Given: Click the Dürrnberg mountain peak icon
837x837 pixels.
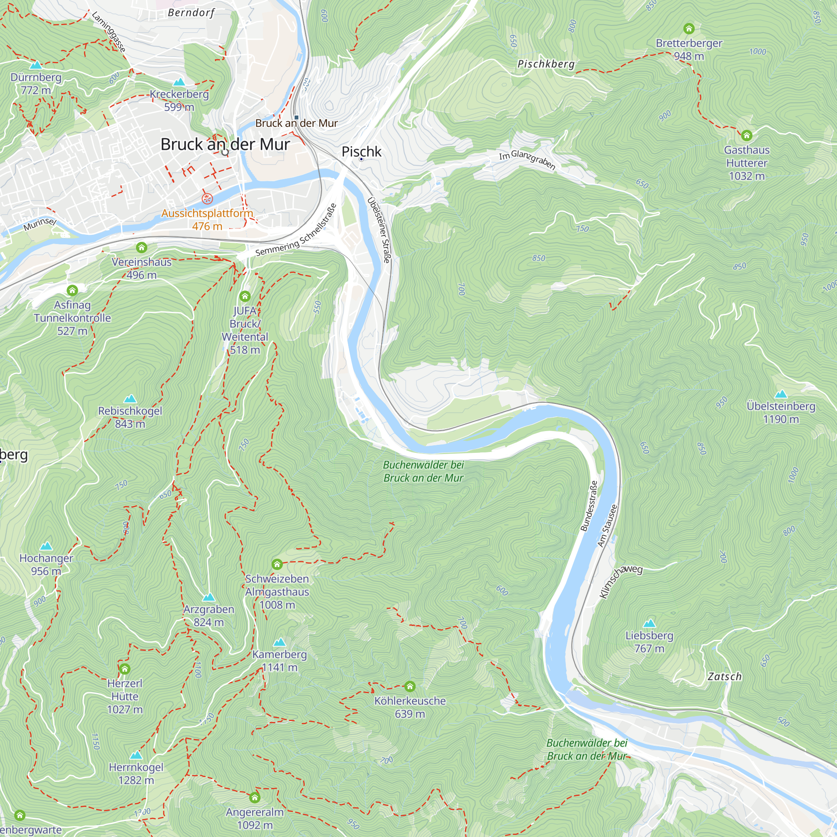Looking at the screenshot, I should pos(36,65).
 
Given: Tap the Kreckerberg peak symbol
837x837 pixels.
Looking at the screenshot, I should pos(179,82).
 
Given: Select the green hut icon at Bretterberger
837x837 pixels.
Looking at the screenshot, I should pos(689,28).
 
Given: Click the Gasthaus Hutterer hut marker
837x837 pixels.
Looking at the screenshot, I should pos(747,136).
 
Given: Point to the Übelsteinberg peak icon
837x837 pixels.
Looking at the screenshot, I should pos(781,394).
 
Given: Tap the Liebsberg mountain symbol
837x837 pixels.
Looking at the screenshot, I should pos(649,624).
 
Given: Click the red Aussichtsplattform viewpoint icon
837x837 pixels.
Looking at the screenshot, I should pos(208,199).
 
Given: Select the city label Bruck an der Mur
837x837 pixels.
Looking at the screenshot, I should pos(225,144).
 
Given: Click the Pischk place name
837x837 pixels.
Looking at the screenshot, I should pos(361,151).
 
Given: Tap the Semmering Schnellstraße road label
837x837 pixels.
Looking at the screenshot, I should pos(296,230).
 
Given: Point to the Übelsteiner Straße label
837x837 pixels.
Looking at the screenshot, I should pos(379,230).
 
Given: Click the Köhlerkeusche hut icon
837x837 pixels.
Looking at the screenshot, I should pos(410,686).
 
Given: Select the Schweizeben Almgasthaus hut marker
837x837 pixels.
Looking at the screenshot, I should pos(277,564).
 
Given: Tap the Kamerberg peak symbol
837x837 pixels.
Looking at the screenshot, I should pos(280,642).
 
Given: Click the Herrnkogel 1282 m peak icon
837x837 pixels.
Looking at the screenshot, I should pos(136,755).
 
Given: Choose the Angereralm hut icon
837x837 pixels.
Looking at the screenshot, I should pos(255,798).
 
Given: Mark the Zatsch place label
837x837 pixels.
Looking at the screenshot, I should pos(724,677).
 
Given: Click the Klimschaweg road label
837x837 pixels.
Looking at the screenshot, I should pos(620,582).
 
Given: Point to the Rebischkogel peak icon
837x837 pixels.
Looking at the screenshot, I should pos(130,398).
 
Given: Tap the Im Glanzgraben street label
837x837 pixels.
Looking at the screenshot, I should pos(527,159).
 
